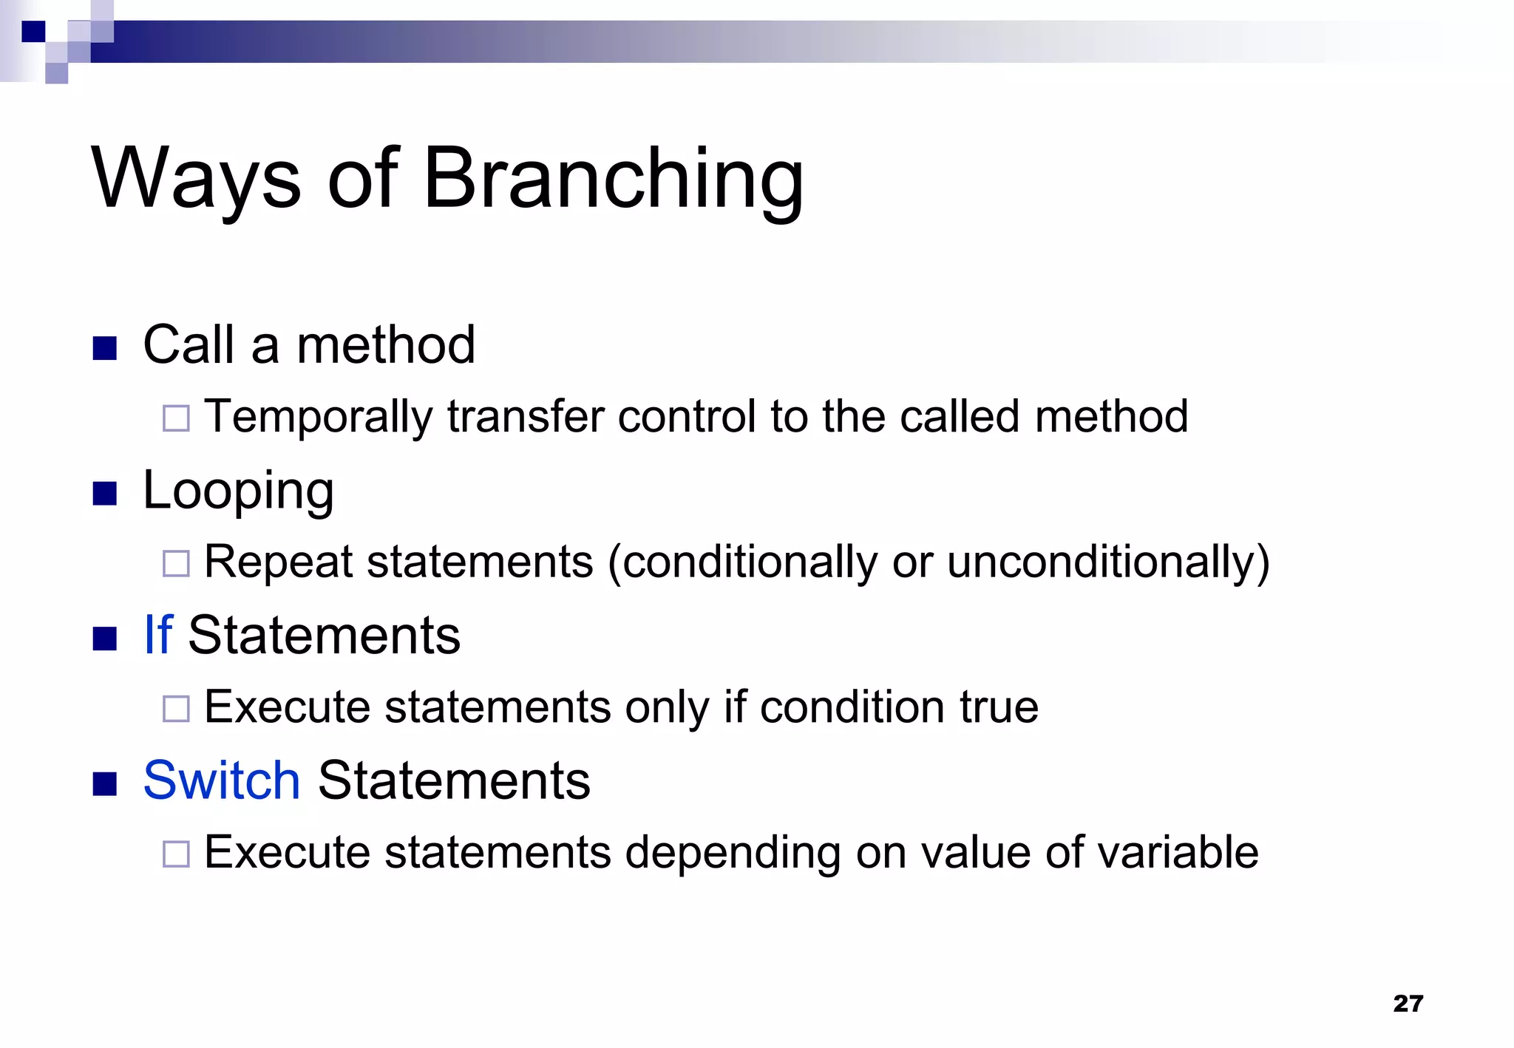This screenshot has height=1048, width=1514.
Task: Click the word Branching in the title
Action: [x=613, y=180]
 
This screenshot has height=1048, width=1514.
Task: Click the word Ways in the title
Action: [x=196, y=180]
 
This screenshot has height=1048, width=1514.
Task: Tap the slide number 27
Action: [x=1408, y=1003]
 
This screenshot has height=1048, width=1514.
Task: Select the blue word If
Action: [x=158, y=635]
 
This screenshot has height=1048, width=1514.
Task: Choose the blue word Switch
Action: [x=221, y=780]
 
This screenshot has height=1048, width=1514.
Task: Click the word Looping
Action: [x=238, y=491]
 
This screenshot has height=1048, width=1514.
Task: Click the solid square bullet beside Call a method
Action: [x=105, y=348]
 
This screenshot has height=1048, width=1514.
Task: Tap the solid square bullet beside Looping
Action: [x=105, y=494]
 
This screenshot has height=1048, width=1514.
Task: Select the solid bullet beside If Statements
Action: [x=105, y=639]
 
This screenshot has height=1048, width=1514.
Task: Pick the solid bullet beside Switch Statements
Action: [x=105, y=783]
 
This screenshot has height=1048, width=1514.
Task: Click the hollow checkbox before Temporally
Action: [x=176, y=418]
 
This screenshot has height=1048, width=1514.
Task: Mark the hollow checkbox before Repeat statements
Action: [x=176, y=563]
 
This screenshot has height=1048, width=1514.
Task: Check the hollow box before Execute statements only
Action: [x=176, y=709]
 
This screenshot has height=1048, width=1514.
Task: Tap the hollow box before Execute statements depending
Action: [x=176, y=854]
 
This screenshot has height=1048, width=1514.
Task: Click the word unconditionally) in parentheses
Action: [x=1107, y=562]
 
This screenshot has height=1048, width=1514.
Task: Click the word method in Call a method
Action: [x=385, y=345]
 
